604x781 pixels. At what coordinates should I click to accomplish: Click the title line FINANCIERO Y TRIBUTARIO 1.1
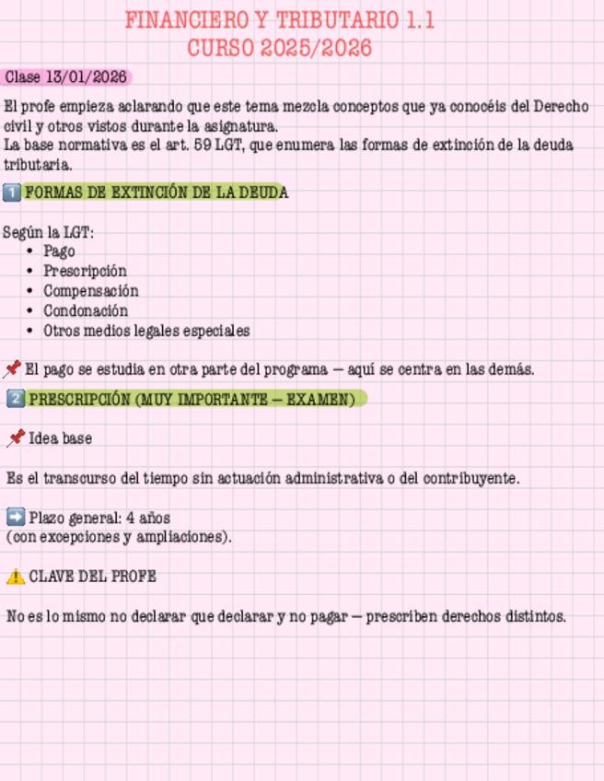(x=279, y=21)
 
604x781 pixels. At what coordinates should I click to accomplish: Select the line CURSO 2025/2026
(x=279, y=49)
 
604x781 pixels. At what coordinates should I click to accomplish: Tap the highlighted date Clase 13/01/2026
(x=65, y=77)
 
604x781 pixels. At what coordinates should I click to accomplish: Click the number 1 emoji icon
(x=12, y=192)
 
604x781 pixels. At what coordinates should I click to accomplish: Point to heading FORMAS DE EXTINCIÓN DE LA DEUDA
(x=156, y=192)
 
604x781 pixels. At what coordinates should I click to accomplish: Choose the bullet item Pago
(x=59, y=251)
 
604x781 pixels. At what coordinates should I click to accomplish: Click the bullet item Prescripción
(x=85, y=271)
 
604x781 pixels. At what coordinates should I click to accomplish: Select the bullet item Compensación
(x=90, y=291)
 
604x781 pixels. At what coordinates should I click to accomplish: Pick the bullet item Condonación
(x=86, y=311)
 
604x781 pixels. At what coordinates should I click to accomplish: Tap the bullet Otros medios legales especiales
(x=146, y=331)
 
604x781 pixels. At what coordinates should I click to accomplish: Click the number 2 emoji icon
(x=16, y=399)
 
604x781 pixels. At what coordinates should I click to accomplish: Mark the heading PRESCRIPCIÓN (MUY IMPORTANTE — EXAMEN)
(x=192, y=400)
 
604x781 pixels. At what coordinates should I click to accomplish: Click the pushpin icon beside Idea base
(x=15, y=439)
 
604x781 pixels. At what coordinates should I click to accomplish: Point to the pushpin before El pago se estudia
(x=12, y=369)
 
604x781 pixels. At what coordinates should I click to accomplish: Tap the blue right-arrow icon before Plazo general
(x=15, y=517)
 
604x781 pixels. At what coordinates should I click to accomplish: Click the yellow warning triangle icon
(x=15, y=577)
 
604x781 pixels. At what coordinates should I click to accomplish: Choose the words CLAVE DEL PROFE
(x=92, y=577)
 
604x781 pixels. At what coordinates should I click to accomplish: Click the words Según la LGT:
(x=48, y=231)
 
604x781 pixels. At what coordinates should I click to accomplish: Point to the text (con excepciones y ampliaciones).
(x=118, y=536)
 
